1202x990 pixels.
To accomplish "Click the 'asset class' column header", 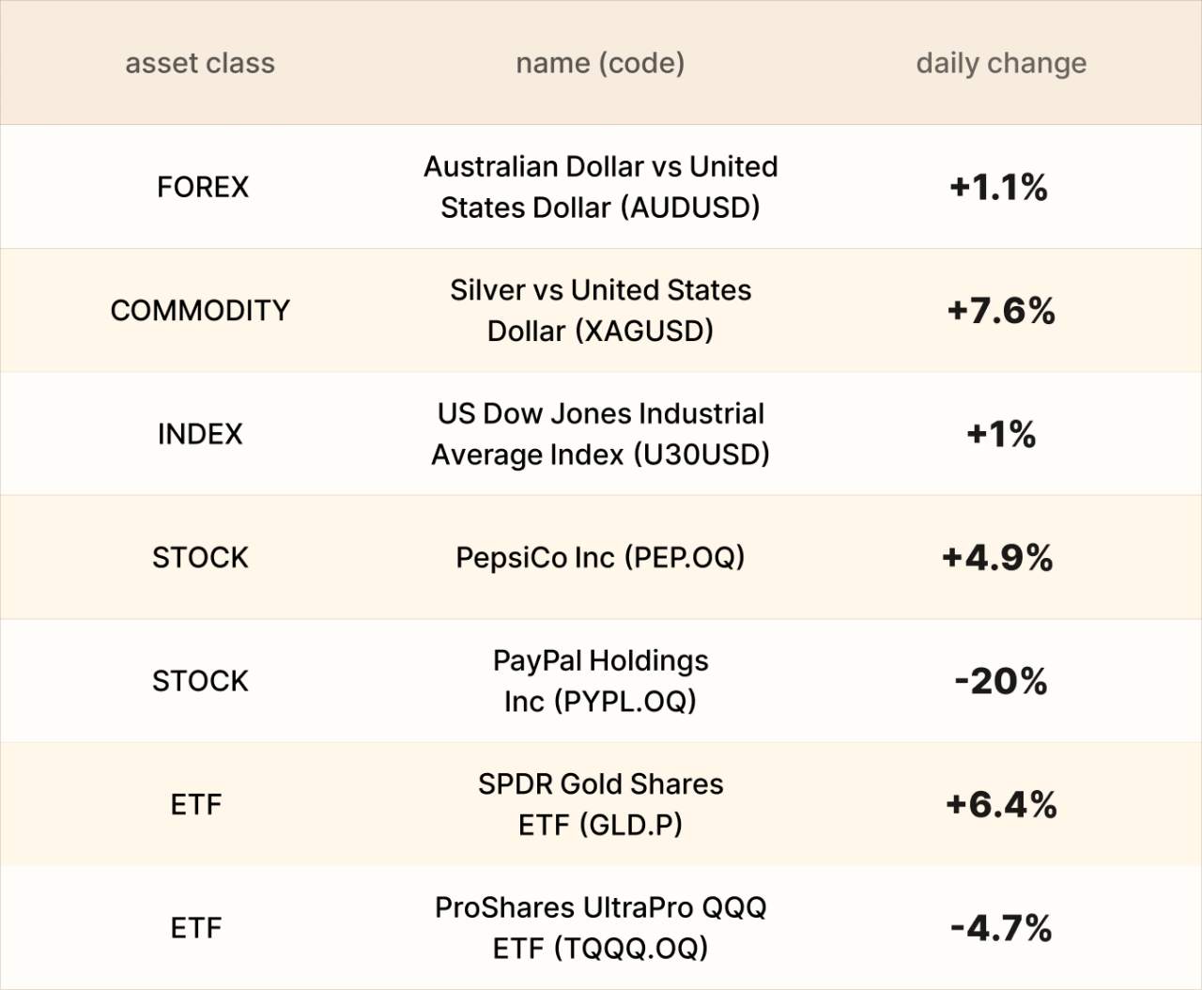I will click(200, 63).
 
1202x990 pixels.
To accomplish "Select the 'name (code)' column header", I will click(600, 63).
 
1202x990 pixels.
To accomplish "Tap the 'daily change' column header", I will click(1001, 63).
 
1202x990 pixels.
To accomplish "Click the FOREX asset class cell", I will click(203, 187).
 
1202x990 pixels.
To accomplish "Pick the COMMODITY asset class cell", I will click(200, 310).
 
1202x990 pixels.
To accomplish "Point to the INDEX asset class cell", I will click(200, 434).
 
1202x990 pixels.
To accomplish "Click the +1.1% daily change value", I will click(998, 187).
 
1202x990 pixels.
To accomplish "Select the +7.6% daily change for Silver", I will click(1001, 310).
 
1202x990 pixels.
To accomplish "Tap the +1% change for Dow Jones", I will click(1001, 434).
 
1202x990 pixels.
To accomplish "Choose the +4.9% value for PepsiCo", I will click(997, 557).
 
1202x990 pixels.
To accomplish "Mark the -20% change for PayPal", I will click(1000, 681).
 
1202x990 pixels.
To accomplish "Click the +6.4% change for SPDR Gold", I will click(1001, 804).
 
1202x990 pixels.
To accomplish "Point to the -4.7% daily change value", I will click(1001, 928).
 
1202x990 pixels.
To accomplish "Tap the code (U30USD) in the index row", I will click(701, 455).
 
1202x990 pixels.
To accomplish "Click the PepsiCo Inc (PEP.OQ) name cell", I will click(600, 557).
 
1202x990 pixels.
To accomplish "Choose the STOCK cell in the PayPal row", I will click(200, 681).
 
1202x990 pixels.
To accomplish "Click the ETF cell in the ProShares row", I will click(196, 928).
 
